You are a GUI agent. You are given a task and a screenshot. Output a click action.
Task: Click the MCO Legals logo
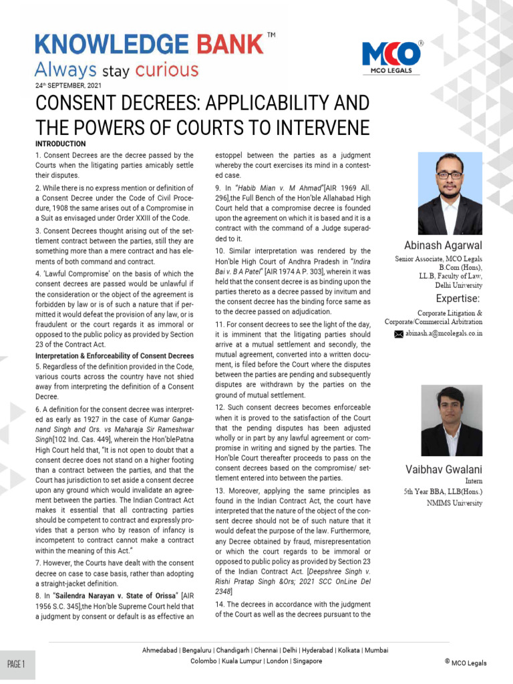pos(391,56)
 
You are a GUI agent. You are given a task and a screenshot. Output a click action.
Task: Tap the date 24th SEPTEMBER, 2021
pos(69,85)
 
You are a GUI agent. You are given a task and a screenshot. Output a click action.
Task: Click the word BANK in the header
pos(230,45)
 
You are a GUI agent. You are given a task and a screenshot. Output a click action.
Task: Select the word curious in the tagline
pos(166,69)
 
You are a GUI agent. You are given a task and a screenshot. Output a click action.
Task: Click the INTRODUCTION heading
pos(60,144)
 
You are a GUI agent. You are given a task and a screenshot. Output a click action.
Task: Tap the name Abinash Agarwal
pos(443,246)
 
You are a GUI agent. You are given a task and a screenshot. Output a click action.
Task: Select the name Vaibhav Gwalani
pos(444,470)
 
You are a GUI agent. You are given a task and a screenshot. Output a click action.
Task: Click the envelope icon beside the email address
pos(399,333)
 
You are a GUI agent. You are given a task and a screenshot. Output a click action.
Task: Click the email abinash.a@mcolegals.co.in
pos(444,333)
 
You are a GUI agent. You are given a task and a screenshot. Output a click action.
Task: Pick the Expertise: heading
pos(458,298)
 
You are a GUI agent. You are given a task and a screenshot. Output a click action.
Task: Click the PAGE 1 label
pos(17,664)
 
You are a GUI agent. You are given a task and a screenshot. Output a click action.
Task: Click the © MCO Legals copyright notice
pos(466,663)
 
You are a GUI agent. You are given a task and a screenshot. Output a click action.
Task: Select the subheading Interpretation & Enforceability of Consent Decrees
pos(114,355)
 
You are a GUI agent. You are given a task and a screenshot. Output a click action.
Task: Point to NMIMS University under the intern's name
pos(454,503)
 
